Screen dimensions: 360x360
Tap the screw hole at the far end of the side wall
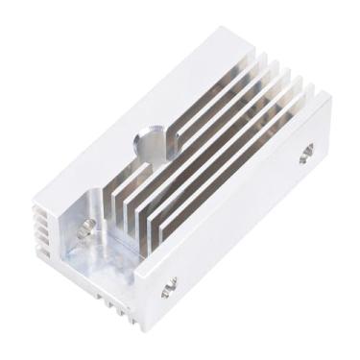(x=306, y=152)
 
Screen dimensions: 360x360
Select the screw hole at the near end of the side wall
(x=171, y=284)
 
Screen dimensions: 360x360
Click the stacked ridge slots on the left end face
(x=41, y=231)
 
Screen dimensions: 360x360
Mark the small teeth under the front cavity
(x=117, y=305)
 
